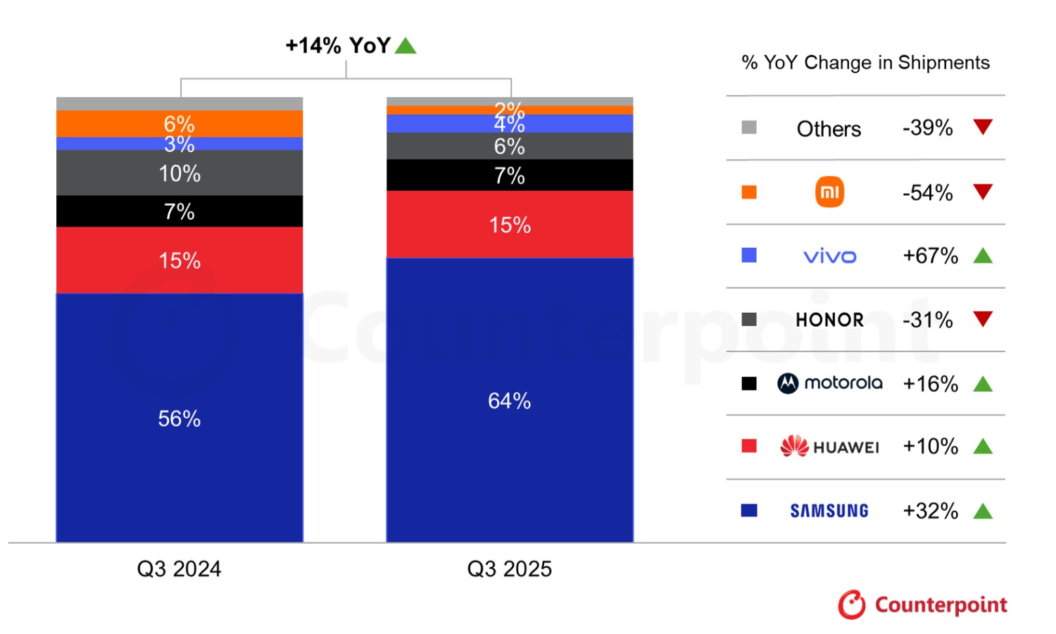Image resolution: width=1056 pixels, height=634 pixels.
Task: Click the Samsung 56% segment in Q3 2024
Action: coord(180,418)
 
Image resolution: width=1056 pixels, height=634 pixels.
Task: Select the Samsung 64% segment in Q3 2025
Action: coord(510,400)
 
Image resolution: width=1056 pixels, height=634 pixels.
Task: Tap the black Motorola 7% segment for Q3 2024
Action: coord(180,211)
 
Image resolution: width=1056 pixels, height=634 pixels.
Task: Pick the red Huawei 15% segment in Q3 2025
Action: coord(510,225)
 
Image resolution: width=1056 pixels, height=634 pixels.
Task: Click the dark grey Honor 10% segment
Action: coord(180,173)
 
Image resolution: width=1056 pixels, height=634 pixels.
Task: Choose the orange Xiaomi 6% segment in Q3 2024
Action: coord(180,124)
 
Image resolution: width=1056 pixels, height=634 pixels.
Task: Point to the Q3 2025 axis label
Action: coord(510,568)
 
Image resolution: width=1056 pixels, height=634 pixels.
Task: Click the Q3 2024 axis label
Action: coord(179,568)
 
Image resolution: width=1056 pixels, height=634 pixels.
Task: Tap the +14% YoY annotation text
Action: coord(337,46)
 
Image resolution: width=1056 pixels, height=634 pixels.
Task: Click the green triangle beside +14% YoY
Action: coord(406,46)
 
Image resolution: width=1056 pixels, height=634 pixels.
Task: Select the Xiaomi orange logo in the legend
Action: coord(829,192)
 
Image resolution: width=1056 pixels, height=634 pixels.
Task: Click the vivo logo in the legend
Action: coord(829,256)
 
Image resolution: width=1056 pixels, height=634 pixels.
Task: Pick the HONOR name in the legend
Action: coord(829,320)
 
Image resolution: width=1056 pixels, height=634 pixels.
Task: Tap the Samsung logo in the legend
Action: coord(829,511)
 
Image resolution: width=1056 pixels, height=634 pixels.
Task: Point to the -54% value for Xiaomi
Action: coord(927,192)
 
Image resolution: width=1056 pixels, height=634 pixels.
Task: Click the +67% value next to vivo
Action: coord(930,256)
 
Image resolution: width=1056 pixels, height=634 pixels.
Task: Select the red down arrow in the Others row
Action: coord(983,127)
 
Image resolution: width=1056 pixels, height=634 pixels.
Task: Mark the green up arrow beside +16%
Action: coord(983,384)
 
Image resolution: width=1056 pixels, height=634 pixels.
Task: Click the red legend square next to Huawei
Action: coord(749,446)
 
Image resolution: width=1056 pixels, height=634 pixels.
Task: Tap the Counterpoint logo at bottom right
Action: coord(922,604)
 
